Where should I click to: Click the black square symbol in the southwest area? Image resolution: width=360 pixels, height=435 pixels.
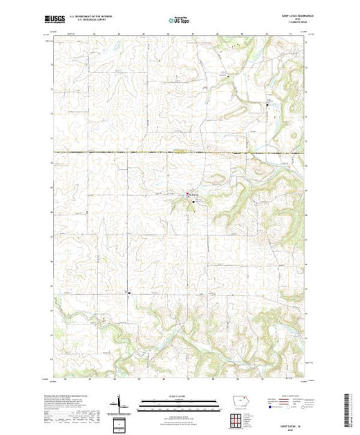point(129,292)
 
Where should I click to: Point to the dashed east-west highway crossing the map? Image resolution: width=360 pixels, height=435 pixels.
point(138,153)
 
